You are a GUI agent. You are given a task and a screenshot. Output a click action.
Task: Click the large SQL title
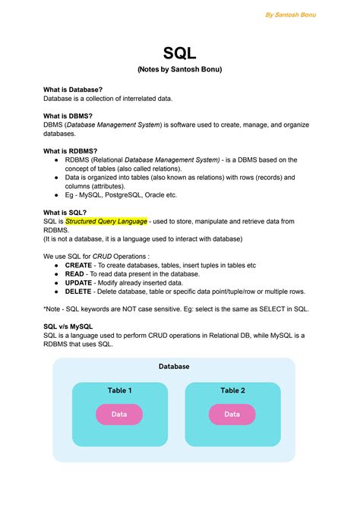coord(180,54)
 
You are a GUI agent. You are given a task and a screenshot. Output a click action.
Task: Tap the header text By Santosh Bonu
coord(290,14)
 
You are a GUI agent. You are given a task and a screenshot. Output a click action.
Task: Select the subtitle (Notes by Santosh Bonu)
coord(180,70)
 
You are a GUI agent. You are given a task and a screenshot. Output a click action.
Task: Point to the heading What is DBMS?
coord(68,115)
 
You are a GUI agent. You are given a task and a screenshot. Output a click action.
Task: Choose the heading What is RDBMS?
coord(70,151)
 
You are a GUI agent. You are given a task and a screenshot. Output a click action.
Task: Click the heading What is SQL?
coord(65,213)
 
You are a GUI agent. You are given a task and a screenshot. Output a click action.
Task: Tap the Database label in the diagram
coord(174,367)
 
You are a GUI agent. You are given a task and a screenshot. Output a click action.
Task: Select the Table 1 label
coord(119,390)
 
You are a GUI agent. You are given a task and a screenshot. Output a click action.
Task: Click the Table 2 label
coord(232,390)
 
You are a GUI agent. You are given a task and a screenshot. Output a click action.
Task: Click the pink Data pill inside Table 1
coord(119,415)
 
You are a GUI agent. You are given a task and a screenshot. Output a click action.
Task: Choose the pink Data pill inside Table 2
coord(232,415)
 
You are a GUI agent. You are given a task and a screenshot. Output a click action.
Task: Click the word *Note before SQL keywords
coord(54,309)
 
